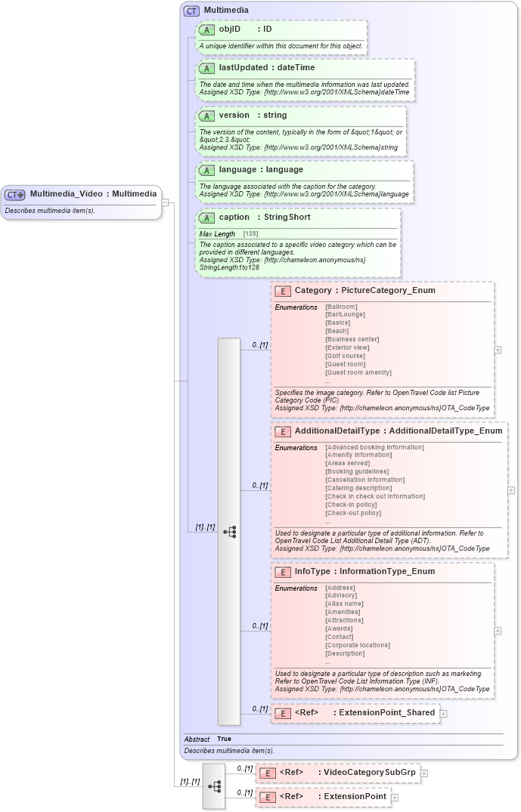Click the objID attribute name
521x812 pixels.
point(230,29)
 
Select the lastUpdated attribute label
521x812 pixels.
point(244,67)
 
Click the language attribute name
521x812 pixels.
point(237,169)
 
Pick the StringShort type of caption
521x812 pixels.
point(287,217)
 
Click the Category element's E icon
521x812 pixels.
point(283,291)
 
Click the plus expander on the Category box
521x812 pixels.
point(498,350)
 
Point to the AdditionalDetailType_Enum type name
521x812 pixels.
point(445,431)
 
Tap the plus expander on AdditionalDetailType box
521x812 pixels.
point(511,490)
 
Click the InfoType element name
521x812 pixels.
point(312,571)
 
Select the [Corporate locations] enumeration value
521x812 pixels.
point(358,645)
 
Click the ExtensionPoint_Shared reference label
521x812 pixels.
point(386,712)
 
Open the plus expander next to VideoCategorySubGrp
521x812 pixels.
point(425,773)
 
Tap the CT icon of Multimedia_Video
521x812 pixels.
point(15,194)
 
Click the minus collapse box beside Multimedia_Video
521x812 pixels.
point(166,202)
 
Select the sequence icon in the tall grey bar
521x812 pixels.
point(229,532)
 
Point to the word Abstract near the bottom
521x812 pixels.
point(197,739)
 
